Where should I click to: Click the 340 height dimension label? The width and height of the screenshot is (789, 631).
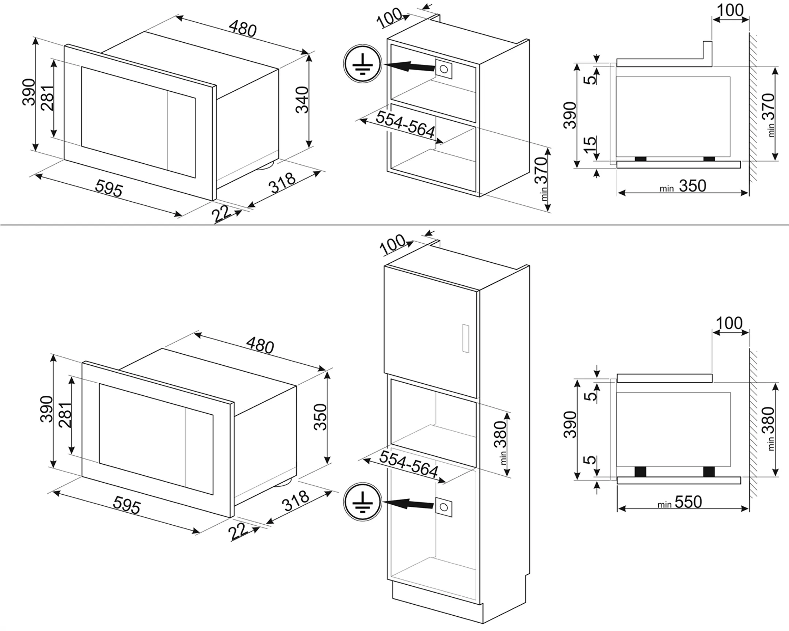coord(302,99)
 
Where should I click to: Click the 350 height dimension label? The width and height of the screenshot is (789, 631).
coord(320,417)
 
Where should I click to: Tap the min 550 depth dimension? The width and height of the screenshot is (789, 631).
coord(680,502)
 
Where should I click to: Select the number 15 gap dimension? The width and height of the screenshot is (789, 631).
coord(590,145)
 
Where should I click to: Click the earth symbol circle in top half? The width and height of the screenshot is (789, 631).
coord(362,64)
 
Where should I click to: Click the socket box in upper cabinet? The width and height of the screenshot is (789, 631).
coord(443,69)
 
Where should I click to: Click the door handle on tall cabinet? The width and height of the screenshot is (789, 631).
coord(465,338)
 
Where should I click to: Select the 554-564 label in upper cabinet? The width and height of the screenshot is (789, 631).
coord(405,125)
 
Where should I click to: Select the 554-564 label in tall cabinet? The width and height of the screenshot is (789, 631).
coord(408,464)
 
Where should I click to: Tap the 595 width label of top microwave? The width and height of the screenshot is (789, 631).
coord(109,189)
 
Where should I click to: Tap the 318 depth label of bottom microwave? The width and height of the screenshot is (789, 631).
coord(296,501)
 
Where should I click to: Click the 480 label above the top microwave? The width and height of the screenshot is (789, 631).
coord(243,28)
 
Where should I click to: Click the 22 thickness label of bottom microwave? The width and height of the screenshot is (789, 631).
coord(238,531)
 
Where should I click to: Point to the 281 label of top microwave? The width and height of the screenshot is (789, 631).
coord(47,98)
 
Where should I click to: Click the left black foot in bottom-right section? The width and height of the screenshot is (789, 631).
coord(640,471)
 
